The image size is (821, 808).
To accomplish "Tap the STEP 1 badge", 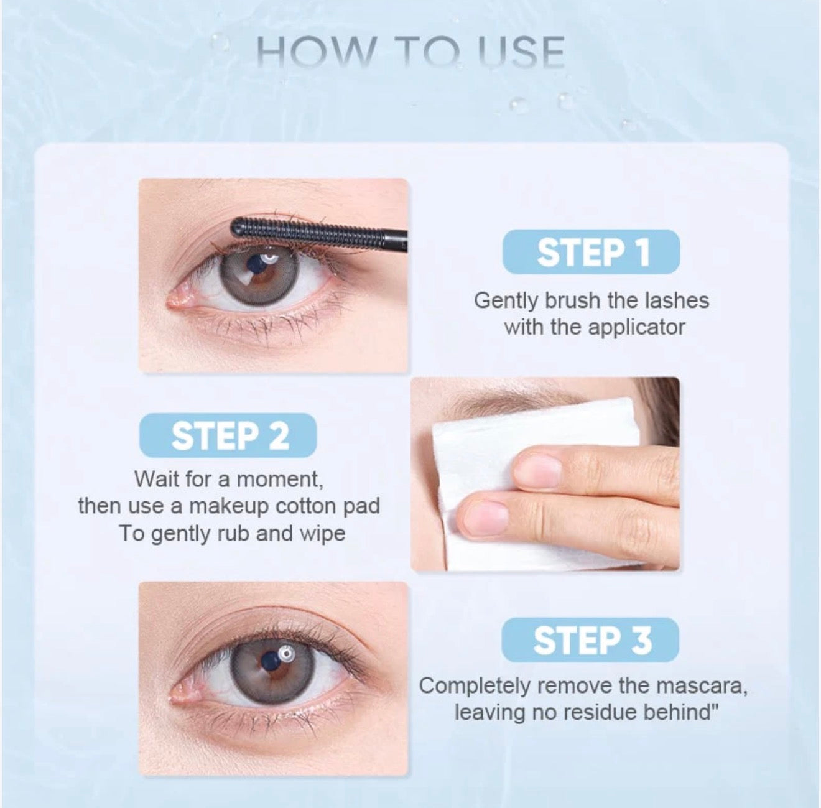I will (591, 252).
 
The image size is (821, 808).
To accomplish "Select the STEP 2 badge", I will (229, 435).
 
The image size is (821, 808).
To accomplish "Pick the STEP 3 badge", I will (590, 640).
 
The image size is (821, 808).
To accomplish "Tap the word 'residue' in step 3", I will (593, 712).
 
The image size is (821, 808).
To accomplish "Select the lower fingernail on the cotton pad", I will (485, 518).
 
